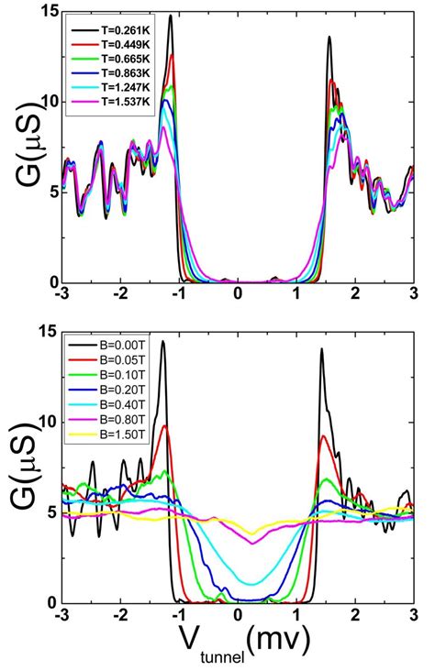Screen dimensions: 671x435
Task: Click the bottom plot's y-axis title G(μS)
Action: pyautogui.click(x=26, y=467)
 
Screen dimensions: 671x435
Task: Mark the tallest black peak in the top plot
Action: pyautogui.click(x=171, y=16)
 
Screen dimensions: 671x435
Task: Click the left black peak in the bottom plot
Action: pyautogui.click(x=163, y=343)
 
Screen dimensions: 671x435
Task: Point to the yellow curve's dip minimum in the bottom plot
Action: pyautogui.click(x=253, y=534)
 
